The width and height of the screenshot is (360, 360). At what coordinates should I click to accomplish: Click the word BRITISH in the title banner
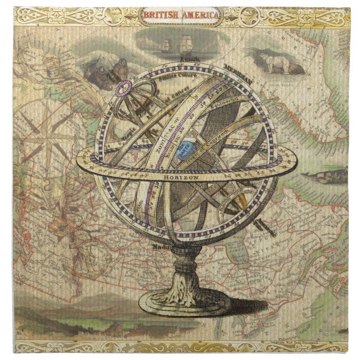161,15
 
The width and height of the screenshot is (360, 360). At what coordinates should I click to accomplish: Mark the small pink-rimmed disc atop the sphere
124,87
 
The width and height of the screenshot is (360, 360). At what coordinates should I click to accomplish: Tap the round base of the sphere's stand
184,302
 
